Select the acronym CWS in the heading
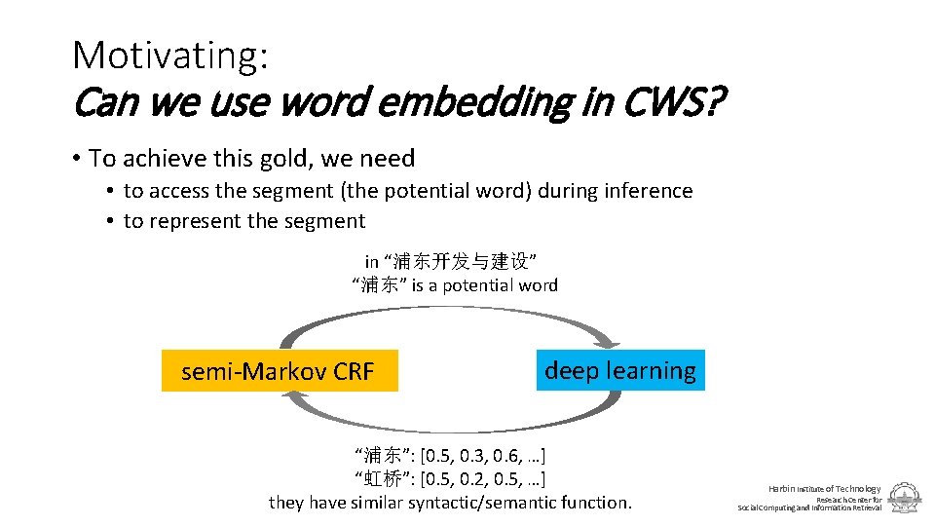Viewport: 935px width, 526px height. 665,100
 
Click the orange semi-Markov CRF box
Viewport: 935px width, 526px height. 280,371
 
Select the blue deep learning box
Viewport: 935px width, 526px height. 620,370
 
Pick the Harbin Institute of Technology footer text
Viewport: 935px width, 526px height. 824,488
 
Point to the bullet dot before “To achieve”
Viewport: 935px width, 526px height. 75,159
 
